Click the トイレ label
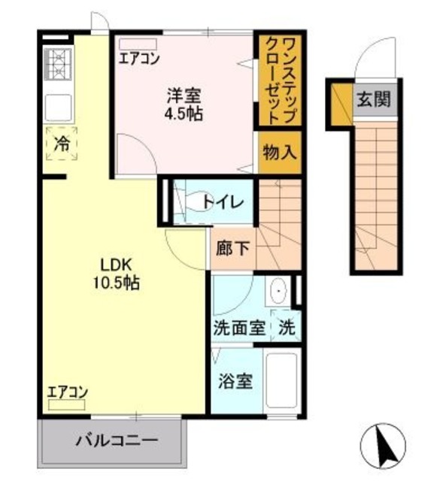223,202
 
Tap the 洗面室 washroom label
238,328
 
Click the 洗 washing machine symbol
287,328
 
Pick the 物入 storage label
278,153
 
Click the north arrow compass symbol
388,444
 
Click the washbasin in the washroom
279,290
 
